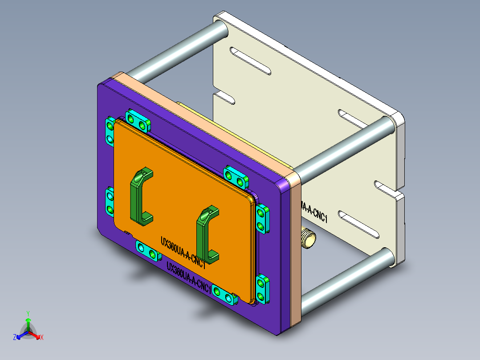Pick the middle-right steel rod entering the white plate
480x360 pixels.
343,147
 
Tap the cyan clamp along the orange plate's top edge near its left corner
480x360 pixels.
137,119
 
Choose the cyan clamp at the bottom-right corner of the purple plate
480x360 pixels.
262,289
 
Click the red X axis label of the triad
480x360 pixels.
41,338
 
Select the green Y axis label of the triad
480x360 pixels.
28,313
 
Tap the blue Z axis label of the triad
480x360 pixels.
15,338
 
